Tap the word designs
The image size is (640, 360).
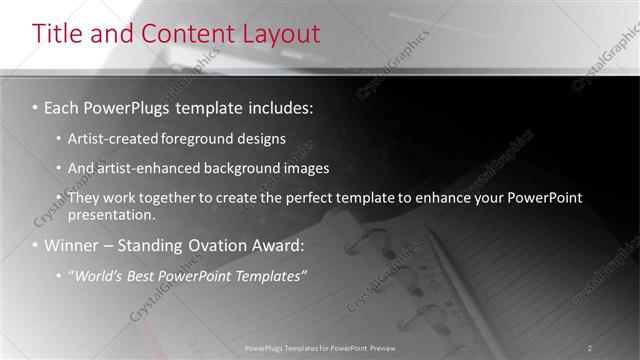pyautogui.click(x=261, y=138)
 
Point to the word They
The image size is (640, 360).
pyautogui.click(x=83, y=198)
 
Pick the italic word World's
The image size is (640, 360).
pyautogui.click(x=99, y=275)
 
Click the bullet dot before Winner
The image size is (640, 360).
pyautogui.click(x=35, y=246)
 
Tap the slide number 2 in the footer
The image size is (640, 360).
pyautogui.click(x=590, y=348)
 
